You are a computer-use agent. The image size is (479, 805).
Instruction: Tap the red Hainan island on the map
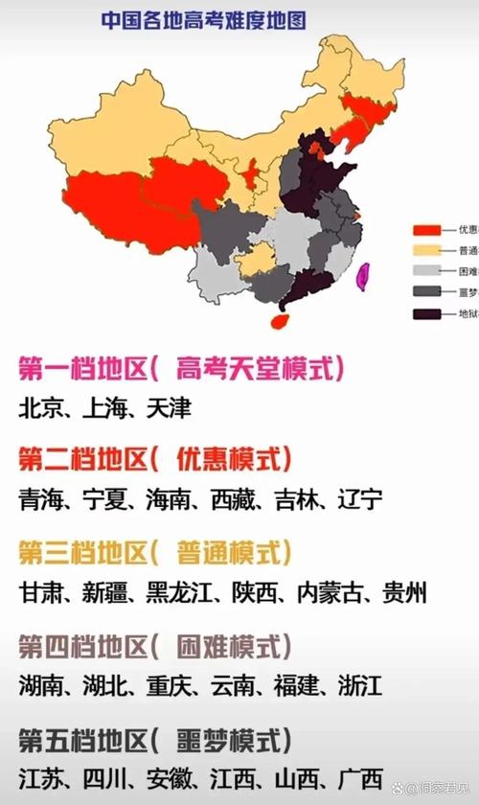278,320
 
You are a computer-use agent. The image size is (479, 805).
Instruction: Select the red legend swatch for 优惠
426,230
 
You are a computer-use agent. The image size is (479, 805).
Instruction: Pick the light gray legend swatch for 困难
426,271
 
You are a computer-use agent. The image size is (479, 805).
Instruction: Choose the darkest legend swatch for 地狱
426,313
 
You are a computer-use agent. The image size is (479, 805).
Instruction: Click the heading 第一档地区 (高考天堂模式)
181,368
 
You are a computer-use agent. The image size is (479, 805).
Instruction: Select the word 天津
169,408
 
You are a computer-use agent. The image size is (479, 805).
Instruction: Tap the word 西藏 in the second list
234,499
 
